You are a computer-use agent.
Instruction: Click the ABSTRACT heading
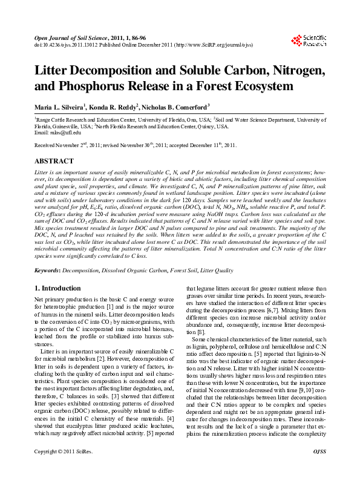(54, 162)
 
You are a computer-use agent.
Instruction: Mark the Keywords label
(49, 268)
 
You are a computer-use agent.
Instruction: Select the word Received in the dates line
(47, 146)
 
